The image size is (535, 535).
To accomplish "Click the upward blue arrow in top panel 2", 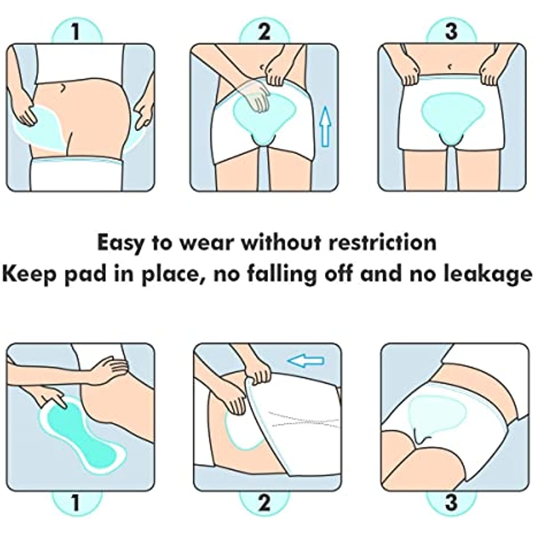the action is click(x=325, y=127).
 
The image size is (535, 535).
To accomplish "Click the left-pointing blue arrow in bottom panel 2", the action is click(x=306, y=361).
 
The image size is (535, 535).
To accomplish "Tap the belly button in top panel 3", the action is click(x=450, y=66).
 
